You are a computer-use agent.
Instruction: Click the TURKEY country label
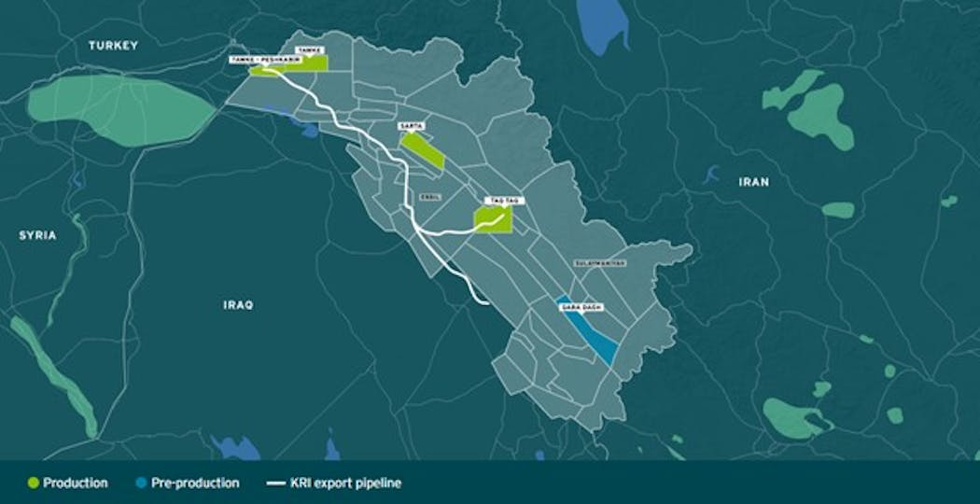113,45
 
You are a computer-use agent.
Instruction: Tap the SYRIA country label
37,235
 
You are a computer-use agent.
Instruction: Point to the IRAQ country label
238,305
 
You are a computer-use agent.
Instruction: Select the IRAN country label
753,182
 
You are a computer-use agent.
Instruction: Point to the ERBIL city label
431,197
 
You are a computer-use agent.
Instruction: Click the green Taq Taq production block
492,218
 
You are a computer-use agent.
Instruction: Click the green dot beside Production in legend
35,483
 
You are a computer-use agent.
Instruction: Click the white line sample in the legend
275,483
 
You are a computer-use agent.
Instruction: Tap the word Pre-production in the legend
193,483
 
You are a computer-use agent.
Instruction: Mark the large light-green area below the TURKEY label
121,110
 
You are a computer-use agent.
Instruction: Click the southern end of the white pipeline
487,302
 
